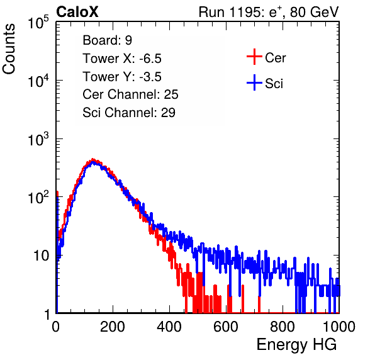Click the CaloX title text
[77, 12]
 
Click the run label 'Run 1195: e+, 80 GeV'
[269, 12]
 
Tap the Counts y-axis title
[9, 49]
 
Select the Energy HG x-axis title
[296, 345]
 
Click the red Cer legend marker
[254, 57]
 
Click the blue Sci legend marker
[254, 83]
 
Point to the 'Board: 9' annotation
[107, 40]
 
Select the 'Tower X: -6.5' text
[122, 59]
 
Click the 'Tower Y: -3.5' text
[122, 77]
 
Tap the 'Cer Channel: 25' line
[130, 94]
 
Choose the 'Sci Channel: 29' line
[129, 113]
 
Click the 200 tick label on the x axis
[113, 327]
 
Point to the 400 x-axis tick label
[169, 327]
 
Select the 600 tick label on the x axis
[226, 327]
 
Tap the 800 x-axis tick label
[283, 327]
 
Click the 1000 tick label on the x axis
[339, 327]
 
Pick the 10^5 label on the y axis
[38, 23]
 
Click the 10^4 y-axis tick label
[38, 81]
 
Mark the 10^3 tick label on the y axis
[38, 139]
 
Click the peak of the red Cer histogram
[92, 160]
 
